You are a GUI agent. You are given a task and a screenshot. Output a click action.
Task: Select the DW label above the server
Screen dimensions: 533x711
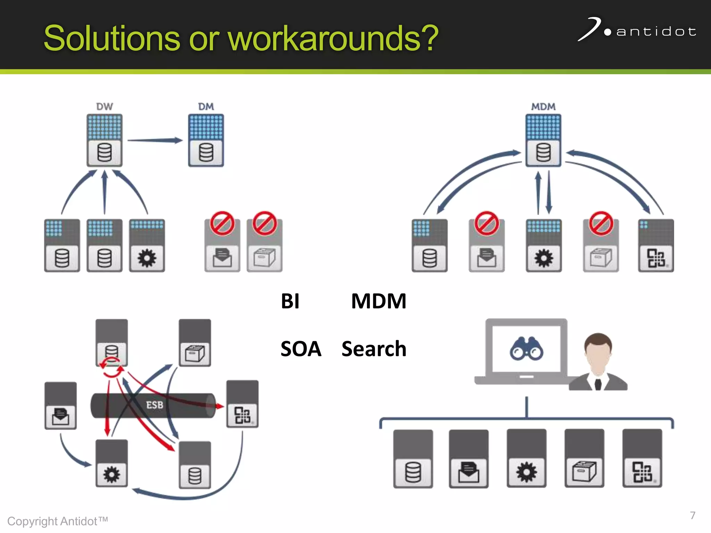[104, 107]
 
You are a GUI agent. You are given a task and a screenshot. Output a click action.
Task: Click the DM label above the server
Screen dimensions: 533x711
[206, 107]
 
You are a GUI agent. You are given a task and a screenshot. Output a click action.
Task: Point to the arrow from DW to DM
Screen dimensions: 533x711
[155, 141]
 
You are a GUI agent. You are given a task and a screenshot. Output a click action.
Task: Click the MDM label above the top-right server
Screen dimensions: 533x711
[543, 107]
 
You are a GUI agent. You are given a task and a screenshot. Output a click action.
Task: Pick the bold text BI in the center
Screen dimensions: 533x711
[290, 301]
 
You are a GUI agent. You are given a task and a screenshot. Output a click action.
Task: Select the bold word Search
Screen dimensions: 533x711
[374, 349]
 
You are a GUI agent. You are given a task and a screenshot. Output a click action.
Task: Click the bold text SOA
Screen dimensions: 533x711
[301, 349]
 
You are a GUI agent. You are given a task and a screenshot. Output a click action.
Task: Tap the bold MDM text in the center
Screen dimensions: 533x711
[378, 301]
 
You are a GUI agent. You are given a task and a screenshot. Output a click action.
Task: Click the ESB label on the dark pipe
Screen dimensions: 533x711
[154, 405]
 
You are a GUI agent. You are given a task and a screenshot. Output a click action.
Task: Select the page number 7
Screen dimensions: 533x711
[693, 515]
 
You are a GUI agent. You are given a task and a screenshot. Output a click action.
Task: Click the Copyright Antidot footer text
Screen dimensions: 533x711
[57, 521]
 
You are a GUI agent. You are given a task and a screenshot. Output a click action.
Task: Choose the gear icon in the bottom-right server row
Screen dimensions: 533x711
[526, 472]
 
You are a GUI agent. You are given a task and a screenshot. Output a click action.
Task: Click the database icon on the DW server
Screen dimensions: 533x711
[104, 153]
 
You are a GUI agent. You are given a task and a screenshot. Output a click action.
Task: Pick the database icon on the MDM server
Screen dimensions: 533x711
[543, 153]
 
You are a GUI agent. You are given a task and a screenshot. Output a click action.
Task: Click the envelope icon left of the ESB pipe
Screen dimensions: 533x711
[60, 416]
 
